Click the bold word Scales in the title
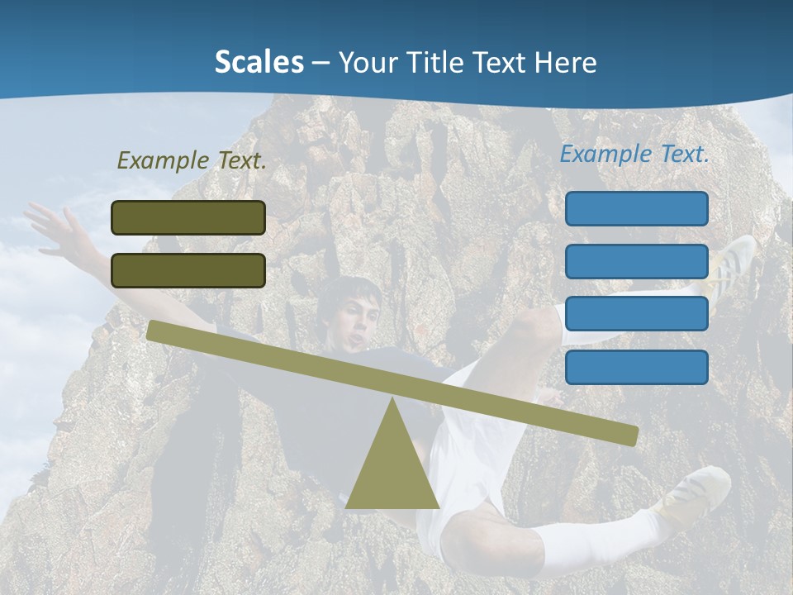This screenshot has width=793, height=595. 259,62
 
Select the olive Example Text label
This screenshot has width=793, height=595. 192,161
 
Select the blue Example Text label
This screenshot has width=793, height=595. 634,154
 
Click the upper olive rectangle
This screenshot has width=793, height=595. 188,217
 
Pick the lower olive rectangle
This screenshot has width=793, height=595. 188,270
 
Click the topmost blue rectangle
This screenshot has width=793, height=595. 637,208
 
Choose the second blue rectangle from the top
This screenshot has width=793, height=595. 637,261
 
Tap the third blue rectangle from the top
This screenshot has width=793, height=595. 637,314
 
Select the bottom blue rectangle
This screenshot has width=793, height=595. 637,367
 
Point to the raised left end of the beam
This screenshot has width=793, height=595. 154,330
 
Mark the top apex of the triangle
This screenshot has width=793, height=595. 392,399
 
